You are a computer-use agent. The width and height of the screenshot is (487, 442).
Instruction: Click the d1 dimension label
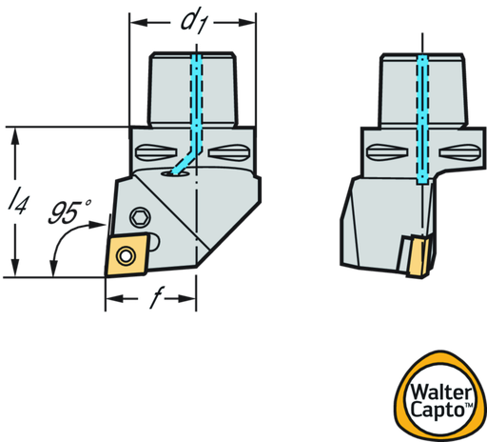pos(193,23)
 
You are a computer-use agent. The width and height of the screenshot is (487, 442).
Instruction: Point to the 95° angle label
pos(69,211)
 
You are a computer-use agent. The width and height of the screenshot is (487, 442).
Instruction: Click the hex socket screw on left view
pos(140,218)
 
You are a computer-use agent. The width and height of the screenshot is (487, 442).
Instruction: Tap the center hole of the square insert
pos(127,255)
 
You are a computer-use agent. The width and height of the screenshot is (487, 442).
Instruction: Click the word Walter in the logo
pos(441,392)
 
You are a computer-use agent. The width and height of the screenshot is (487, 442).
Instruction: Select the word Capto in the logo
pos(438,410)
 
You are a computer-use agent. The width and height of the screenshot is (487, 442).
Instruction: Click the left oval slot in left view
pos(156,152)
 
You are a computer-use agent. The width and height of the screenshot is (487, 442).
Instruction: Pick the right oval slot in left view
pos(230,152)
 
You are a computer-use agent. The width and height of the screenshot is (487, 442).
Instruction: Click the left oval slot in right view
pos(387,152)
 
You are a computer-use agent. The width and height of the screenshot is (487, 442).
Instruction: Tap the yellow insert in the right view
pos(419,257)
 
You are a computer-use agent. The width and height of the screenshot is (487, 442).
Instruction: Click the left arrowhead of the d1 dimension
pos(139,23)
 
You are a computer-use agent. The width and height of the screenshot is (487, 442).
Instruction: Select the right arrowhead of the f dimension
pos(187,298)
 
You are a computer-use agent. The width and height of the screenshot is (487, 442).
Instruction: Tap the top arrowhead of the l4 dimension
pos(15,136)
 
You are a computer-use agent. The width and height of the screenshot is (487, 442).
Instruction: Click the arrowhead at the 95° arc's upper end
pos(97,225)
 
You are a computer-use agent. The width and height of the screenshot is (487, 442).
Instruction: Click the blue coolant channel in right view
pos(422,120)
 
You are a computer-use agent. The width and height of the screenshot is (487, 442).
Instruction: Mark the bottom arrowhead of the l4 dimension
pos(15,268)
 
